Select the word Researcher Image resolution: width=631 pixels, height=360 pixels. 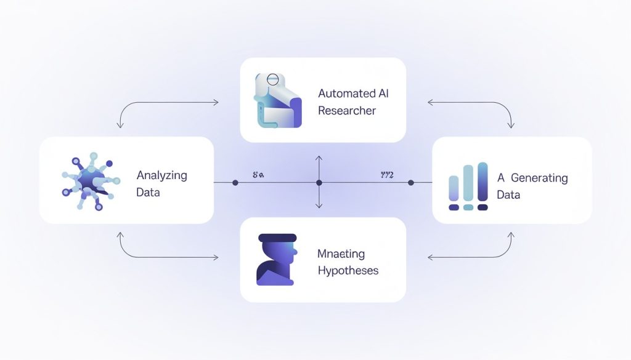[347, 111]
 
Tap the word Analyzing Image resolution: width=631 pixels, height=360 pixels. [161, 175]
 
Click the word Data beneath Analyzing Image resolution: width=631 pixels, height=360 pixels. [148, 193]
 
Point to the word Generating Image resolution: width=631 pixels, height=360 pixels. [539, 178]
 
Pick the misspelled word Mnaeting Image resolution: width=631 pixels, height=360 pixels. [341, 254]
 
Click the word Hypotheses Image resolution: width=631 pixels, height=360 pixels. [348, 270]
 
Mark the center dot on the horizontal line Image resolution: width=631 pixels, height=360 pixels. [319, 183]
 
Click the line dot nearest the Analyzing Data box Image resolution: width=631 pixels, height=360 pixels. [235, 183]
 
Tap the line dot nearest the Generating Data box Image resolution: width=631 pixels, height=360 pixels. [411, 183]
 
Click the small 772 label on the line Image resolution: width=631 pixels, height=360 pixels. [387, 175]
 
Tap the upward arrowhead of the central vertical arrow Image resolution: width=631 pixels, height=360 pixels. [319, 159]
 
